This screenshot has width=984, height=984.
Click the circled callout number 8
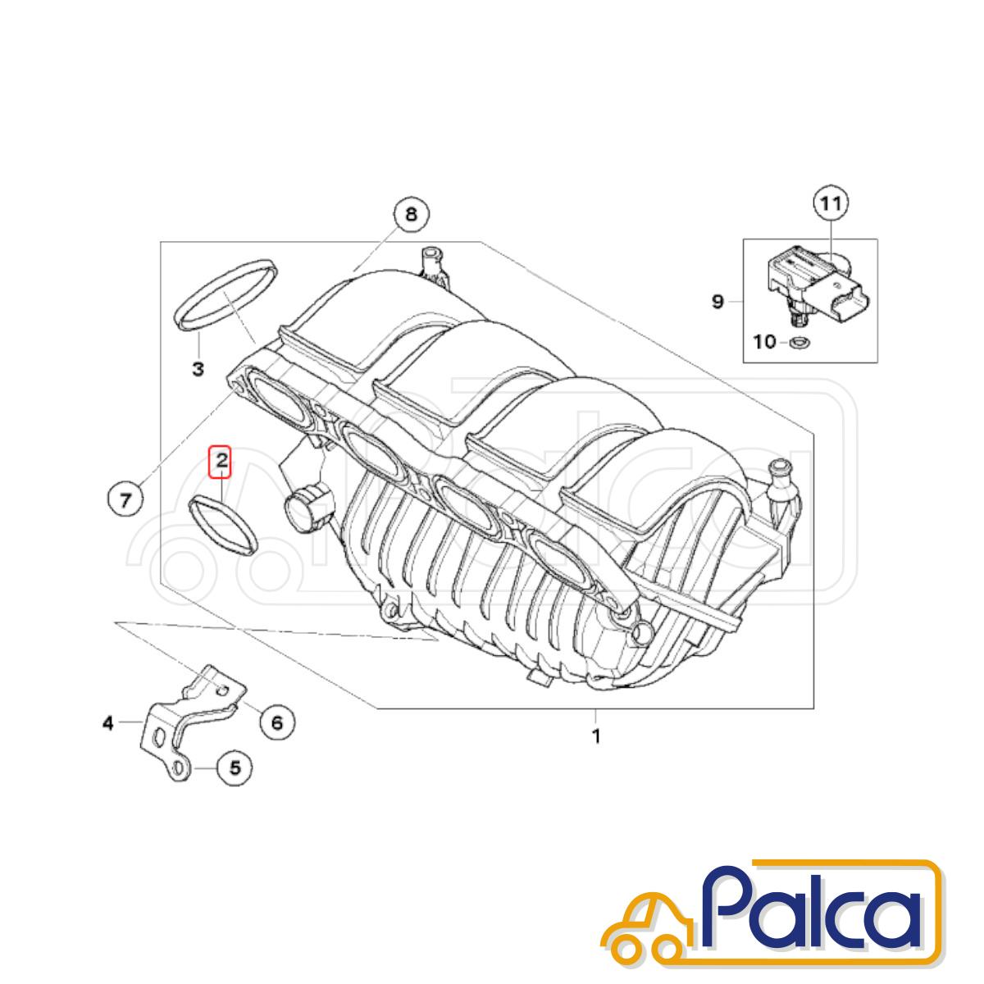tap(411, 215)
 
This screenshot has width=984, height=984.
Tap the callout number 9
tap(718, 303)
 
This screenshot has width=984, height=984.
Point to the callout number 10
tap(764, 342)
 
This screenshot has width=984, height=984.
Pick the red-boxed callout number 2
tap(221, 461)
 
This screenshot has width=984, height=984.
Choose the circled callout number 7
tap(125, 499)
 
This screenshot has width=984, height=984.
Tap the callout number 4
tap(107, 723)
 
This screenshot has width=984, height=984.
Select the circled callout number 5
tap(235, 781)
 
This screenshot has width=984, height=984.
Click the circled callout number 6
tap(276, 722)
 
